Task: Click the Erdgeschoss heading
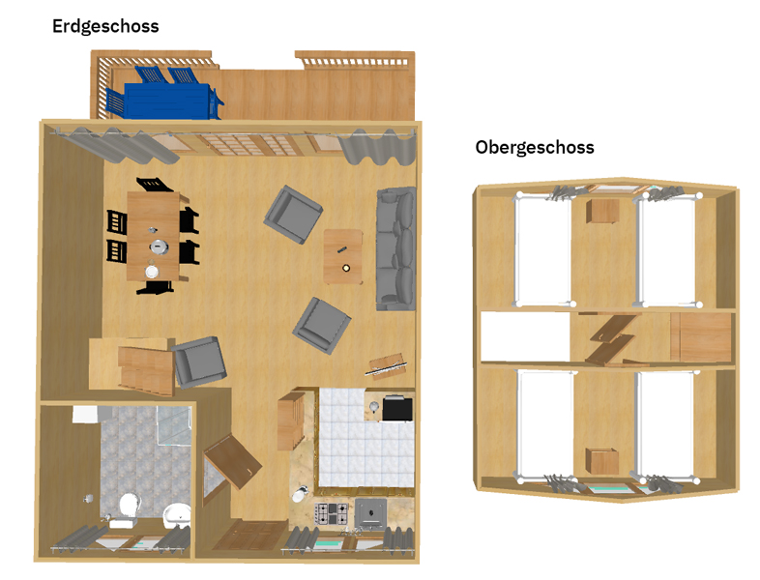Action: (x=105, y=27)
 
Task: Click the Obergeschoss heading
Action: (x=535, y=147)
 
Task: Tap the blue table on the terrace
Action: (x=167, y=101)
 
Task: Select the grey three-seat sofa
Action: (x=396, y=248)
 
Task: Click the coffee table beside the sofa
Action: (x=343, y=257)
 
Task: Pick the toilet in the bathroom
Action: (x=129, y=507)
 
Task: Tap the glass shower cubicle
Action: (x=174, y=425)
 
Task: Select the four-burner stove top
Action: (x=332, y=513)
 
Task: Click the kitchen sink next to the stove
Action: (x=371, y=513)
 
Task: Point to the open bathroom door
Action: (x=233, y=462)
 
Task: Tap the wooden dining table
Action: (x=154, y=236)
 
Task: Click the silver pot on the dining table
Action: (x=159, y=246)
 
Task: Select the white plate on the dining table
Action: (x=152, y=272)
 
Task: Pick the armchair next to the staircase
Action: (x=199, y=362)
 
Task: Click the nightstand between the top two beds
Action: (x=602, y=212)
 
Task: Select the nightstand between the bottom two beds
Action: (x=602, y=461)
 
